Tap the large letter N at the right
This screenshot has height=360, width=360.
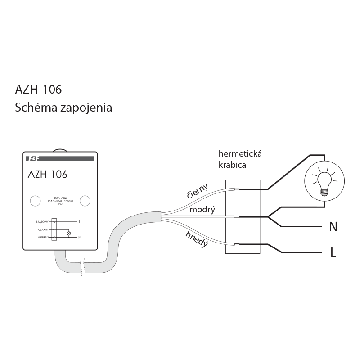coord(333,227)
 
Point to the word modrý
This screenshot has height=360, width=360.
coord(202,210)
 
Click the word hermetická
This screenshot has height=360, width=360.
coord(240,154)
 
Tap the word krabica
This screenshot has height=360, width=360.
coord(232,165)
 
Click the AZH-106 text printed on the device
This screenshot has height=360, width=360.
coord(47,174)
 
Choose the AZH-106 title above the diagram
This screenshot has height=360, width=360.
coord(38,90)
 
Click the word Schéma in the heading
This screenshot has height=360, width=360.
coord(34,108)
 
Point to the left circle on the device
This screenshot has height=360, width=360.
coord(35,201)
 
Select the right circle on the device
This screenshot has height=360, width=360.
coord(85,201)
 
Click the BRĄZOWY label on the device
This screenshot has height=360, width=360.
coord(43,222)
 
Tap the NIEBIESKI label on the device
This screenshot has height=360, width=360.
coord(43,237)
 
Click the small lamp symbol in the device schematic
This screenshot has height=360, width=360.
coord(69,234)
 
